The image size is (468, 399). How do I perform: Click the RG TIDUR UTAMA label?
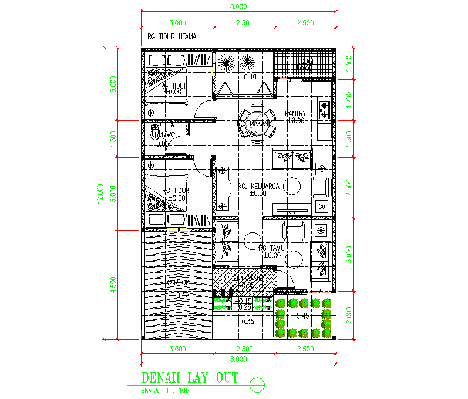pos(171,36)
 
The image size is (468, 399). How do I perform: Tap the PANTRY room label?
pos(295,114)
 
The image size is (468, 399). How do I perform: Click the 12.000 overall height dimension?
pos(100,194)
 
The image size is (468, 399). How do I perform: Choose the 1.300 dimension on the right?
pos(349,63)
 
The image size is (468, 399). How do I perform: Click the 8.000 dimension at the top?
pos(238,7)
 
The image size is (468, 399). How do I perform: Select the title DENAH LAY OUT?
pos(190,378)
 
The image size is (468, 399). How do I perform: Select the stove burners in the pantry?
pos(324,109)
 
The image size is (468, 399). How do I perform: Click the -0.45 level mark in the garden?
pos(303,316)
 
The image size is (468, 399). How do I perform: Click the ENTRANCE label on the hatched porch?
pos(244,278)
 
